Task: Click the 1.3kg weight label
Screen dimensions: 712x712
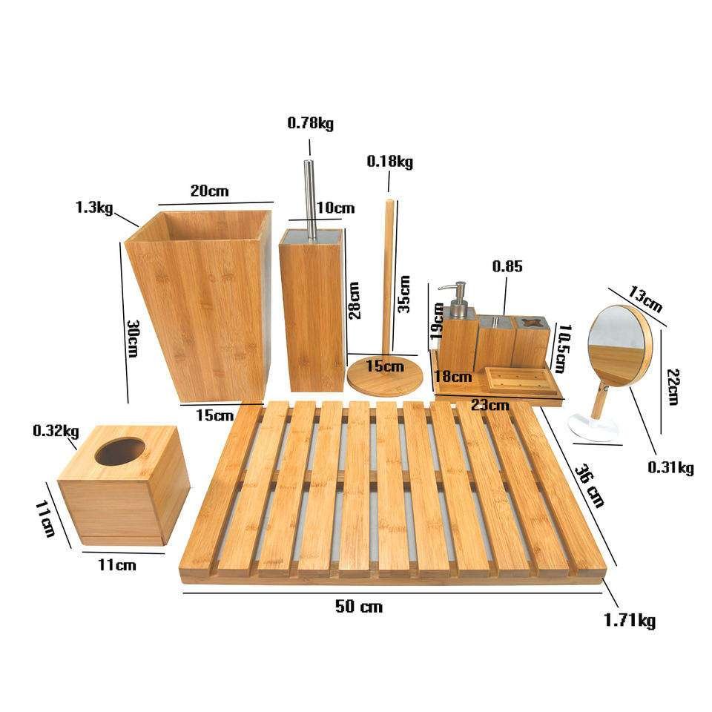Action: pos(94,208)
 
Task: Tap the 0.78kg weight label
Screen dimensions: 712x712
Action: pos(311,123)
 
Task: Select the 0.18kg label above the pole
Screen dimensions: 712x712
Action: pos(390,162)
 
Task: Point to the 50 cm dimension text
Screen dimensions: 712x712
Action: pos(359,606)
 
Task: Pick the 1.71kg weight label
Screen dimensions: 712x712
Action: pos(630,620)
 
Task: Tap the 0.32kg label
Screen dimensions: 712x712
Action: pos(56,430)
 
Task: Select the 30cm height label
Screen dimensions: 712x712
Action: pos(133,339)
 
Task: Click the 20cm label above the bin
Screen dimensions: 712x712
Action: pos(209,191)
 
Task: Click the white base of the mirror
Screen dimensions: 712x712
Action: pos(595,427)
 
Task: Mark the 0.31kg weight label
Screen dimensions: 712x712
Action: pos(670,467)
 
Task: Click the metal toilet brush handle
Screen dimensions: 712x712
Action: pos(310,199)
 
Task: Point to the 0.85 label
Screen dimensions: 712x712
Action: pos(507,266)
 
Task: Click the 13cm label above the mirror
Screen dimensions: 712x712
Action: pos(645,299)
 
